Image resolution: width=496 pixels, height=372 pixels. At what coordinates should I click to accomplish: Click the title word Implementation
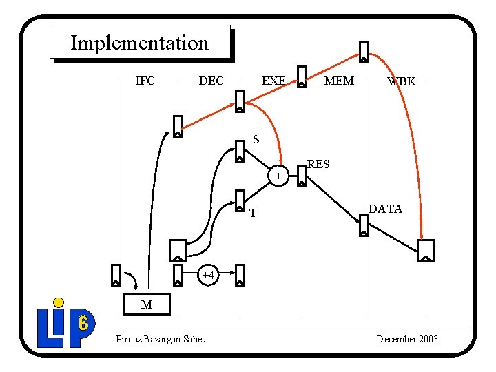click(139, 43)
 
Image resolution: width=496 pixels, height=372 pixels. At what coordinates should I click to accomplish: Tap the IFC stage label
click(145, 81)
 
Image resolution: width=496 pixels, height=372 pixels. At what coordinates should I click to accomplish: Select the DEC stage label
click(211, 81)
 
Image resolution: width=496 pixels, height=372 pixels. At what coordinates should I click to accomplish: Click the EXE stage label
click(273, 81)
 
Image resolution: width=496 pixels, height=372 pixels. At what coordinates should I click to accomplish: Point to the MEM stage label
click(339, 81)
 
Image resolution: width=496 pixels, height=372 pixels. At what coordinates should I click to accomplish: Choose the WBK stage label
click(402, 81)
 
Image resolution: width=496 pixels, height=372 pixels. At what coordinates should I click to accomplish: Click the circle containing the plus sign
click(278, 176)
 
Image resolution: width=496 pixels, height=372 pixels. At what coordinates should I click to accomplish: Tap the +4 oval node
click(209, 275)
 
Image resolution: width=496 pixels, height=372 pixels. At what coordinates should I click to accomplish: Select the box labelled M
click(146, 304)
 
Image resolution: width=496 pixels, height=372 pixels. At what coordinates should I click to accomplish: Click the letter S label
click(256, 140)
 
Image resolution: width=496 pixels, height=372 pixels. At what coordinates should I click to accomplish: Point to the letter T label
click(253, 214)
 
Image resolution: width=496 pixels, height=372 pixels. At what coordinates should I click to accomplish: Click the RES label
click(318, 164)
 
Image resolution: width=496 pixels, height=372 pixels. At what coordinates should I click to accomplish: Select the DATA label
click(385, 209)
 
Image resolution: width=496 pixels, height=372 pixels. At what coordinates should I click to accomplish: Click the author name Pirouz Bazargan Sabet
click(160, 339)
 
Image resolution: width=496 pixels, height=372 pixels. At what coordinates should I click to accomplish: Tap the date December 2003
click(407, 339)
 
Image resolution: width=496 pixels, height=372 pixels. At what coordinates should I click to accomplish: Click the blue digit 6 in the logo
click(83, 322)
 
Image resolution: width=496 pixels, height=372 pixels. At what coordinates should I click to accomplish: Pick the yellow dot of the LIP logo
click(59, 302)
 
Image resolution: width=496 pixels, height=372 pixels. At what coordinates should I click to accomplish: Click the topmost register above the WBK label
click(364, 52)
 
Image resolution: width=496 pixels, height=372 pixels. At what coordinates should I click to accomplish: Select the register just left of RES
click(302, 175)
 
